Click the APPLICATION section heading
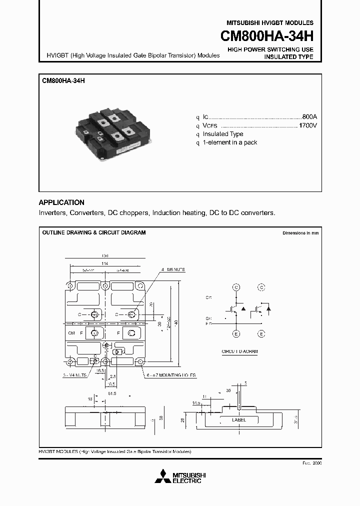pyautogui.click(x=61, y=202)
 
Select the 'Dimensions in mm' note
pyautogui.click(x=300, y=233)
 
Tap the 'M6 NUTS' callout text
pyautogui.click(x=174, y=269)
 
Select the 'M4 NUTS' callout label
pyautogui.click(x=75, y=374)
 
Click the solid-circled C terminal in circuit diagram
pyautogui.click(x=236, y=287)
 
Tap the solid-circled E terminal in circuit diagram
pyautogui.click(x=236, y=333)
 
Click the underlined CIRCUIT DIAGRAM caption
pyautogui.click(x=239, y=351)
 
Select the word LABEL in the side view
pyautogui.click(x=238, y=420)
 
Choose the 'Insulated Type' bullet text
pyautogui.click(x=223, y=134)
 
